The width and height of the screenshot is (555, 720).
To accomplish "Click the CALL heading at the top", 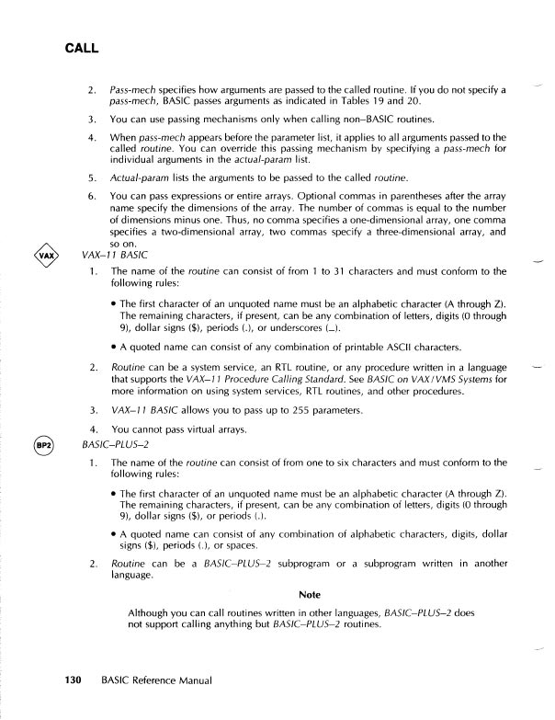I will point(81,47).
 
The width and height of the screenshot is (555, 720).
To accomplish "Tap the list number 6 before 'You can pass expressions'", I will point(92,196).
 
